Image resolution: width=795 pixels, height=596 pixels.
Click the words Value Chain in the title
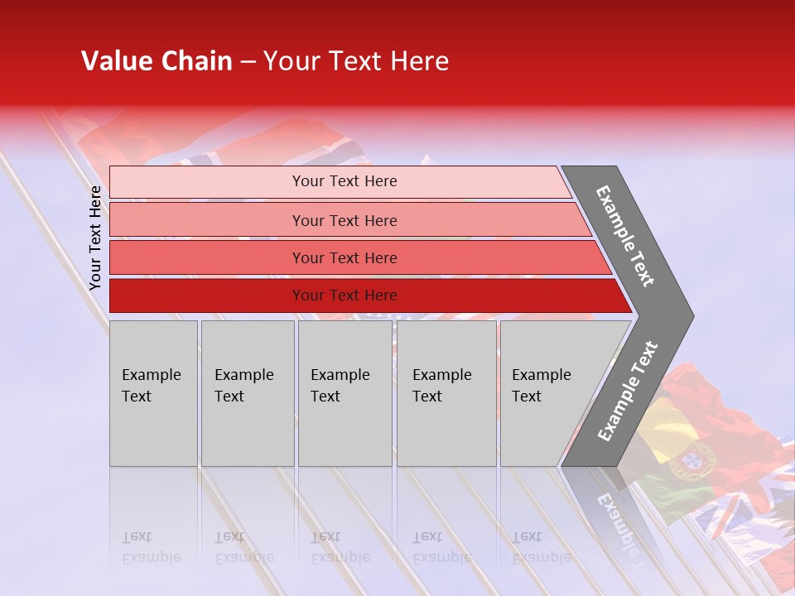point(157,61)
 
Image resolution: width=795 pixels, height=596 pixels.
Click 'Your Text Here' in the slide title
point(356,61)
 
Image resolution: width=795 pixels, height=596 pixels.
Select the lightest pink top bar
point(340,181)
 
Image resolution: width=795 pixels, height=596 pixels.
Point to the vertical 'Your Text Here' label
point(95,238)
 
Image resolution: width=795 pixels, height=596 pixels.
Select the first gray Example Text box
point(153,393)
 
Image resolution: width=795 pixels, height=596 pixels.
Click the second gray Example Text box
point(247,393)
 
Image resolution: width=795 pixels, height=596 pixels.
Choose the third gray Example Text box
point(344,393)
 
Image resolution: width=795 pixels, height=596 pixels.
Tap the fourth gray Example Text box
point(446,393)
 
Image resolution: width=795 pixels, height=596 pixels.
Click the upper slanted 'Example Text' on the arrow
point(625,236)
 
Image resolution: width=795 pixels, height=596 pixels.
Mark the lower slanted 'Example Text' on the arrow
point(628,392)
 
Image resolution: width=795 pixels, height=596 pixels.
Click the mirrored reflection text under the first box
point(151,547)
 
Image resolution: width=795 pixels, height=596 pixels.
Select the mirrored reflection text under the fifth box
point(541,547)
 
